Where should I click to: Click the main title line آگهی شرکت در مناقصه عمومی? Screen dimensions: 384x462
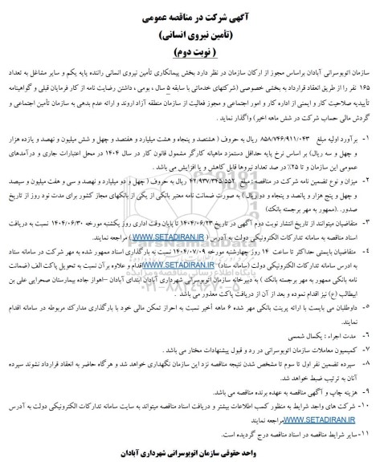click(193, 14)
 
